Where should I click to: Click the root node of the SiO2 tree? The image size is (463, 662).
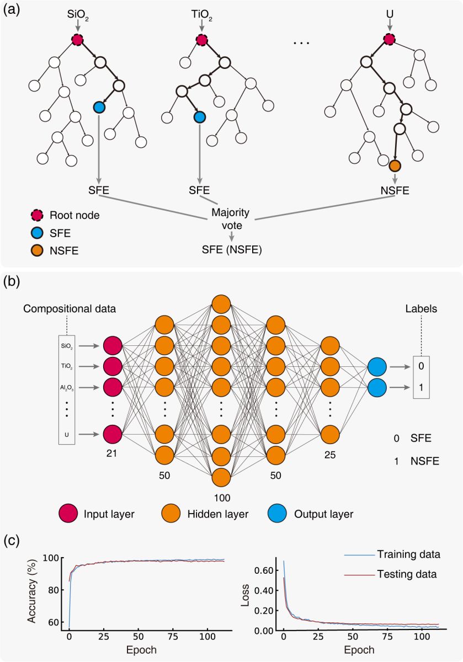pyautogui.click(x=77, y=40)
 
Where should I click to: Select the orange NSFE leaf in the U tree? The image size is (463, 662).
pyautogui.click(x=393, y=166)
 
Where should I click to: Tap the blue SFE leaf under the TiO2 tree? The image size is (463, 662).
pyautogui.click(x=200, y=117)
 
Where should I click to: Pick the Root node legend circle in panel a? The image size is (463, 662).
pyautogui.click(x=38, y=215)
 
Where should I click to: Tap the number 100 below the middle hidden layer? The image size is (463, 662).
pyautogui.click(x=221, y=498)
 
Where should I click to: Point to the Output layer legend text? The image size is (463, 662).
pyautogui.click(x=323, y=514)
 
